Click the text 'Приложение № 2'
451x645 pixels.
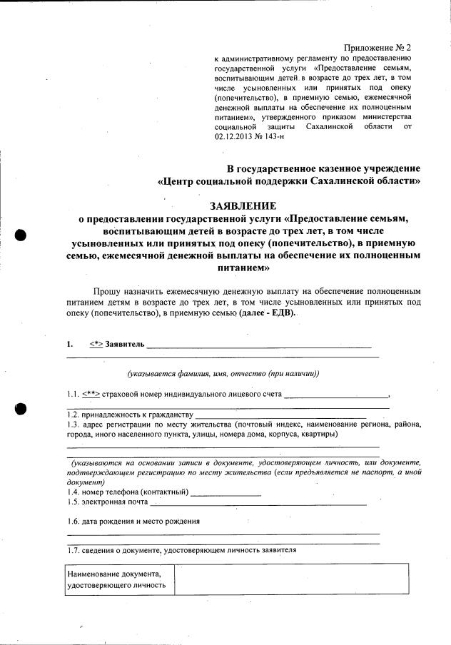[x=377, y=47]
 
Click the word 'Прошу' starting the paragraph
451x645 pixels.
[x=106, y=293]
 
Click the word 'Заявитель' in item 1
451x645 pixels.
[x=125, y=345]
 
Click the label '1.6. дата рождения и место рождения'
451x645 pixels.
[x=133, y=521]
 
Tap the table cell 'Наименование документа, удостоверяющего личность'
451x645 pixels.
[x=116, y=579]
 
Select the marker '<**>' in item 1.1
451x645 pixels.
[x=91, y=394]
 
